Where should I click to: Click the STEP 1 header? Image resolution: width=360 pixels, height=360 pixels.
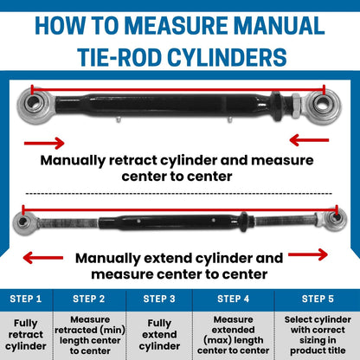(x=26, y=299)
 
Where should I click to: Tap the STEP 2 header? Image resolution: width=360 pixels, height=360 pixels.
(x=89, y=299)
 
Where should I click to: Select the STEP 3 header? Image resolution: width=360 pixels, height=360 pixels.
(x=159, y=299)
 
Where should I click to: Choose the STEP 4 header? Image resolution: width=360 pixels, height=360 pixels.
(x=233, y=299)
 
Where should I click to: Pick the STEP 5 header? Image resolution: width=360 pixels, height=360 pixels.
(x=318, y=299)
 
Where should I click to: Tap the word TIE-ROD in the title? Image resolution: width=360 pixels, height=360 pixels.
(x=119, y=57)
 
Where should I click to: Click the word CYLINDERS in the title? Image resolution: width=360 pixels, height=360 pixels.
(x=227, y=57)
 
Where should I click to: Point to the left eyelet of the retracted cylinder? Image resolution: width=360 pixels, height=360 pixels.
(x=33, y=104)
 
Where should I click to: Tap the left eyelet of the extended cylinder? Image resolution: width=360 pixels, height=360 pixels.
(x=22, y=222)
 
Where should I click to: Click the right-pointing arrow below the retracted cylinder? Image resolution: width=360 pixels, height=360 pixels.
(x=44, y=143)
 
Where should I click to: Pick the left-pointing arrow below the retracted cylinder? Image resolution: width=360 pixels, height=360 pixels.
(x=309, y=140)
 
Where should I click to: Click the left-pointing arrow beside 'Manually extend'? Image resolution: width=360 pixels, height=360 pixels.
(x=43, y=258)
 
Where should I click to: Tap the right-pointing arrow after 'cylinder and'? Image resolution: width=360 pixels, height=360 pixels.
(x=308, y=254)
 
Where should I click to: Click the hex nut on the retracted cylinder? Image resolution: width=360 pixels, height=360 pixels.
(x=297, y=106)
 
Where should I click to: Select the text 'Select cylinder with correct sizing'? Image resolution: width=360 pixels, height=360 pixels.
(x=318, y=330)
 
